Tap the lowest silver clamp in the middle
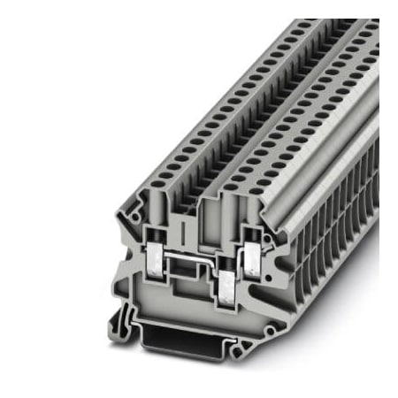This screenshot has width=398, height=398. (228, 284)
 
